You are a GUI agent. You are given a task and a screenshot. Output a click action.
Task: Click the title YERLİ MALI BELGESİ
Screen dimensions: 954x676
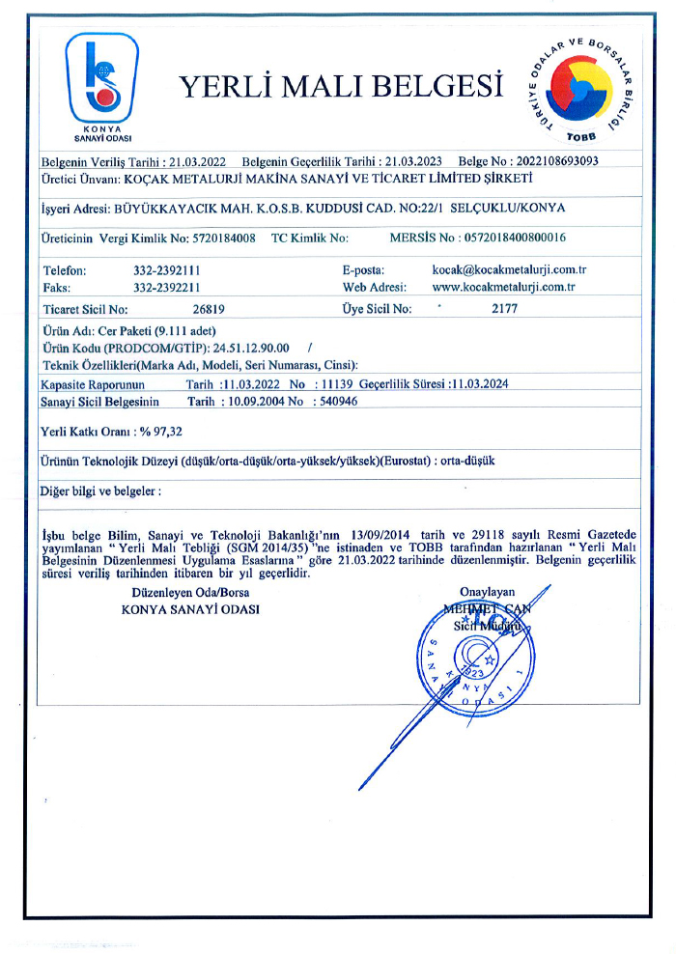click(341, 88)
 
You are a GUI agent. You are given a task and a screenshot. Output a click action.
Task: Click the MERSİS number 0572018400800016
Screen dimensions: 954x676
click(517, 238)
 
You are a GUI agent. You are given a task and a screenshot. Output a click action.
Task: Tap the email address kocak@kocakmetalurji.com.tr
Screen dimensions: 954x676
click(510, 271)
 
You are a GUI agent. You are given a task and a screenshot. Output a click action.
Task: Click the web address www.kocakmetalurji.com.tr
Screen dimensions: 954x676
click(503, 287)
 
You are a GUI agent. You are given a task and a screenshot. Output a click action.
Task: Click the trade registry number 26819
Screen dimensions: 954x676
click(210, 309)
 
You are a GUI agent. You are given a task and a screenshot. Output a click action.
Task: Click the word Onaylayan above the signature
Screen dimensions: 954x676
click(488, 592)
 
